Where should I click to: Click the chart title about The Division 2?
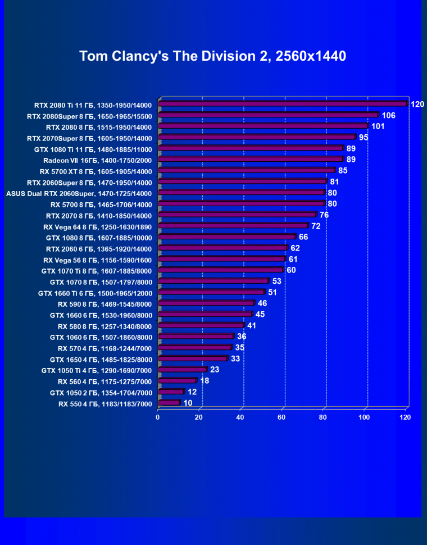(212, 56)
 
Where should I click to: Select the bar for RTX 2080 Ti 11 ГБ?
(282, 104)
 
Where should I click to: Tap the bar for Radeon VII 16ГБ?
(250, 160)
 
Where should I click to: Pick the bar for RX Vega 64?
(233, 226)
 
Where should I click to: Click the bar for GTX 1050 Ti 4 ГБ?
(182, 370)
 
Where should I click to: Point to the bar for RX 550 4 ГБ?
(169, 403)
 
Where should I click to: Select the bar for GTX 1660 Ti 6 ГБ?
(211, 292)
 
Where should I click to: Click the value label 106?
(388, 115)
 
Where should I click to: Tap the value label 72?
(316, 226)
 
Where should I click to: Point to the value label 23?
(215, 370)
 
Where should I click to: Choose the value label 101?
(378, 126)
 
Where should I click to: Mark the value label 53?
(276, 281)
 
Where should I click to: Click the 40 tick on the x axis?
(240, 417)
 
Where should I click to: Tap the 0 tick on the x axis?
(158, 417)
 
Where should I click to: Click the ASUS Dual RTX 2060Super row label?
(79, 193)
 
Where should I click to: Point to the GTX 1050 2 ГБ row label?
(101, 392)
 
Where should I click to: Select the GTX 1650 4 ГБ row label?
(101, 359)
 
